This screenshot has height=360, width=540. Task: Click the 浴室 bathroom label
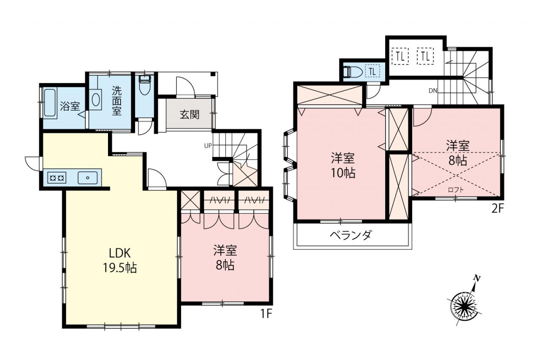pos(70,106)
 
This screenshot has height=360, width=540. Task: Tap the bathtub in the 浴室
pos(50,103)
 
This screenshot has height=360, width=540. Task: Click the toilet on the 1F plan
pos(145,86)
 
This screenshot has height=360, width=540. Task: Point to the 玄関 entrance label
pos(190,114)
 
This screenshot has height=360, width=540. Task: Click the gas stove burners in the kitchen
pos(57,178)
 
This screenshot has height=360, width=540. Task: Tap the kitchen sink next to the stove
pos(88,178)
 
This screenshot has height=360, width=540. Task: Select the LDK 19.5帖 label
pos(120,261)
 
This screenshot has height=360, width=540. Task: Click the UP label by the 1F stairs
pos(208,146)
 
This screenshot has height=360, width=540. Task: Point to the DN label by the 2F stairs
pos(433,91)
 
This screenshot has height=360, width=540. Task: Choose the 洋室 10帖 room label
pos(343,165)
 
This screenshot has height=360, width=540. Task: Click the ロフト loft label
pos(456,190)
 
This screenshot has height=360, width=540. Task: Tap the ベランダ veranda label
pos(351,235)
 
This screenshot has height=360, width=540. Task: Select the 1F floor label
pos(266,314)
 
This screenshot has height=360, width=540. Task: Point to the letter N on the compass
pos(476,279)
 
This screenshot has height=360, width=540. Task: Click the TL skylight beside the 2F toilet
pos(373,71)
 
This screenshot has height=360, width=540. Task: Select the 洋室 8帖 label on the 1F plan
pos(225,258)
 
